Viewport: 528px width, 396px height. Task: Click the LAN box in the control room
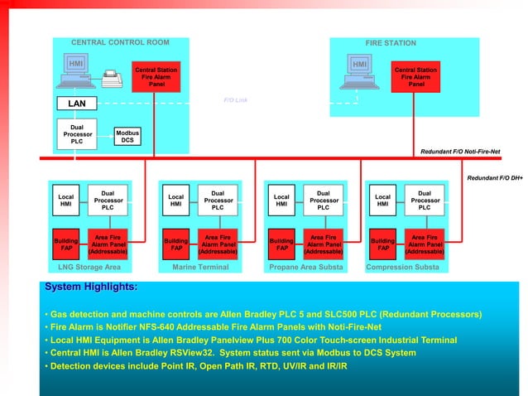pos(76,104)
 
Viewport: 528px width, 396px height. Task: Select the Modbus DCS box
pos(127,137)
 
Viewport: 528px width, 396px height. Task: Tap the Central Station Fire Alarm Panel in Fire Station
pos(415,77)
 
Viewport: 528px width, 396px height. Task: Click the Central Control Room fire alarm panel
pos(156,77)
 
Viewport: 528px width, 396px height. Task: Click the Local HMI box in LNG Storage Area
pos(66,201)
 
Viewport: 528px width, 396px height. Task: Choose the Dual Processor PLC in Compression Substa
pos(425,200)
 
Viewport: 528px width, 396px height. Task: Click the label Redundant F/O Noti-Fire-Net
pos(471,152)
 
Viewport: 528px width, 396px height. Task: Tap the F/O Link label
pos(236,99)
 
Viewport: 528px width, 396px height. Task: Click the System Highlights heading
pos(91,287)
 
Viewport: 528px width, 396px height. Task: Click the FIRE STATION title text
pos(391,43)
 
